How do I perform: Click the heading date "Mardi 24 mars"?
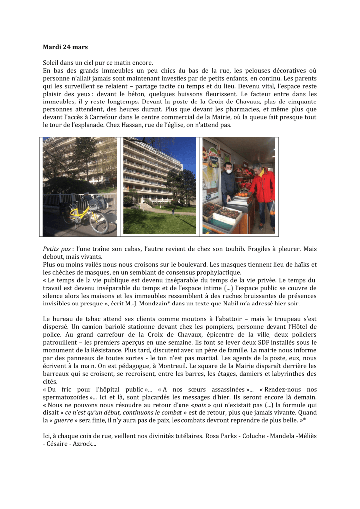coord(65,47)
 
